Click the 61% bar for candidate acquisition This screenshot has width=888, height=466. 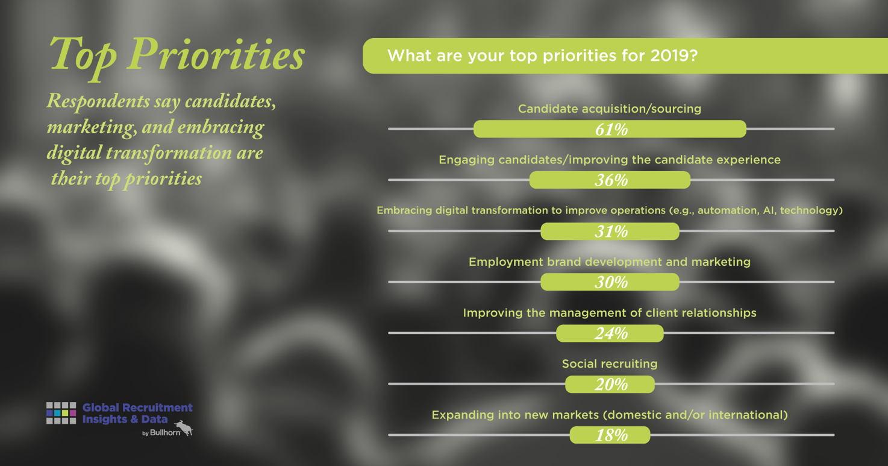(x=610, y=129)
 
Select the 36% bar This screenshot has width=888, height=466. (x=610, y=180)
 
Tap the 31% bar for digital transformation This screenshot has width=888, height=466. (x=610, y=231)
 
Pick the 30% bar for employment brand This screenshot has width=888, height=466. (x=610, y=282)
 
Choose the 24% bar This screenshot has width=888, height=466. (x=610, y=333)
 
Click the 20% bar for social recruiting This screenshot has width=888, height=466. (x=610, y=384)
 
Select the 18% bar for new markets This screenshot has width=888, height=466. (x=610, y=435)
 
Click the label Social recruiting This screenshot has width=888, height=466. (x=610, y=364)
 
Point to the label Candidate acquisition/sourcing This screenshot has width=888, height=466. (x=610, y=109)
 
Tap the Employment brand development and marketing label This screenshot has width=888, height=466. (x=610, y=262)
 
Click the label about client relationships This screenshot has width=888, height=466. (x=610, y=313)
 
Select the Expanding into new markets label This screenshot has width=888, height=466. (x=610, y=415)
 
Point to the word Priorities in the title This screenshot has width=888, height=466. (x=216, y=54)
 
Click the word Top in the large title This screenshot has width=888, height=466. (x=83, y=57)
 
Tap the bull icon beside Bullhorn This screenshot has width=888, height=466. (x=184, y=428)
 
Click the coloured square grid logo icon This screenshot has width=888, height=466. (x=61, y=413)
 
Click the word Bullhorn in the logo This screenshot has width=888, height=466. (x=165, y=433)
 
